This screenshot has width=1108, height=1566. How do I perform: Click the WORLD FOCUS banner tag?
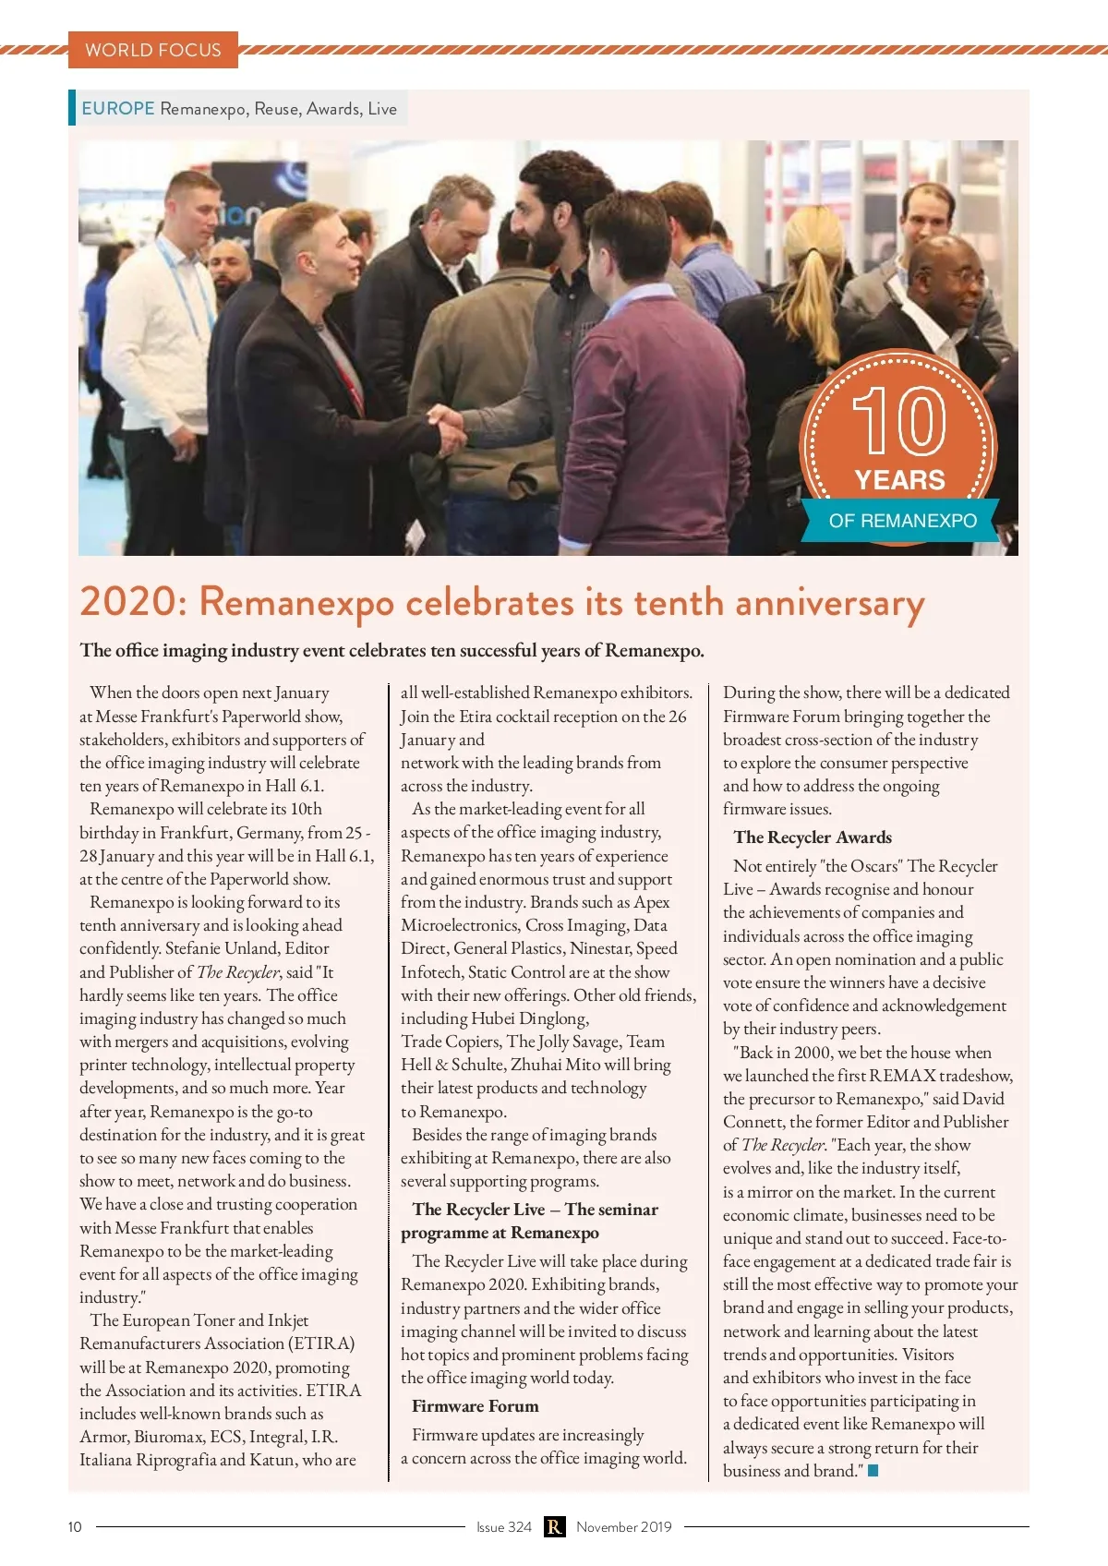point(152,50)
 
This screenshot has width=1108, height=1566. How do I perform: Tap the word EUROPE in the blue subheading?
point(117,108)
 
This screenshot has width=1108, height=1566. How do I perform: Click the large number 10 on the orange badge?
point(898,421)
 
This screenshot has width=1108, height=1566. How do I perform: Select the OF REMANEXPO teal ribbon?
point(902,521)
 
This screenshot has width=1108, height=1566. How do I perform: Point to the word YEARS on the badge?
point(899,480)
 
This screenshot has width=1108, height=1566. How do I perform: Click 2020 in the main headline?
point(127,602)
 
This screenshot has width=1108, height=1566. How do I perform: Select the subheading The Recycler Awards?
point(813,837)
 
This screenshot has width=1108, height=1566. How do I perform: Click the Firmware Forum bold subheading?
point(475,1406)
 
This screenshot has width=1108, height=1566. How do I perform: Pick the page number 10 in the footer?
point(75,1527)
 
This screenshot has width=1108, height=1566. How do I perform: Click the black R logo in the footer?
point(554,1527)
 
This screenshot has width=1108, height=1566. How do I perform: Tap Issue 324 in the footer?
point(504,1527)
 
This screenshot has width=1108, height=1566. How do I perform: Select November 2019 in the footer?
point(624,1527)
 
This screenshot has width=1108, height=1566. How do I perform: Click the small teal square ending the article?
point(873,1471)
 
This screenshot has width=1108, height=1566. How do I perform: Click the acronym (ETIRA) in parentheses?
point(321,1343)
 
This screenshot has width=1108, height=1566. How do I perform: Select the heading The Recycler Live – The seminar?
point(536,1210)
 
